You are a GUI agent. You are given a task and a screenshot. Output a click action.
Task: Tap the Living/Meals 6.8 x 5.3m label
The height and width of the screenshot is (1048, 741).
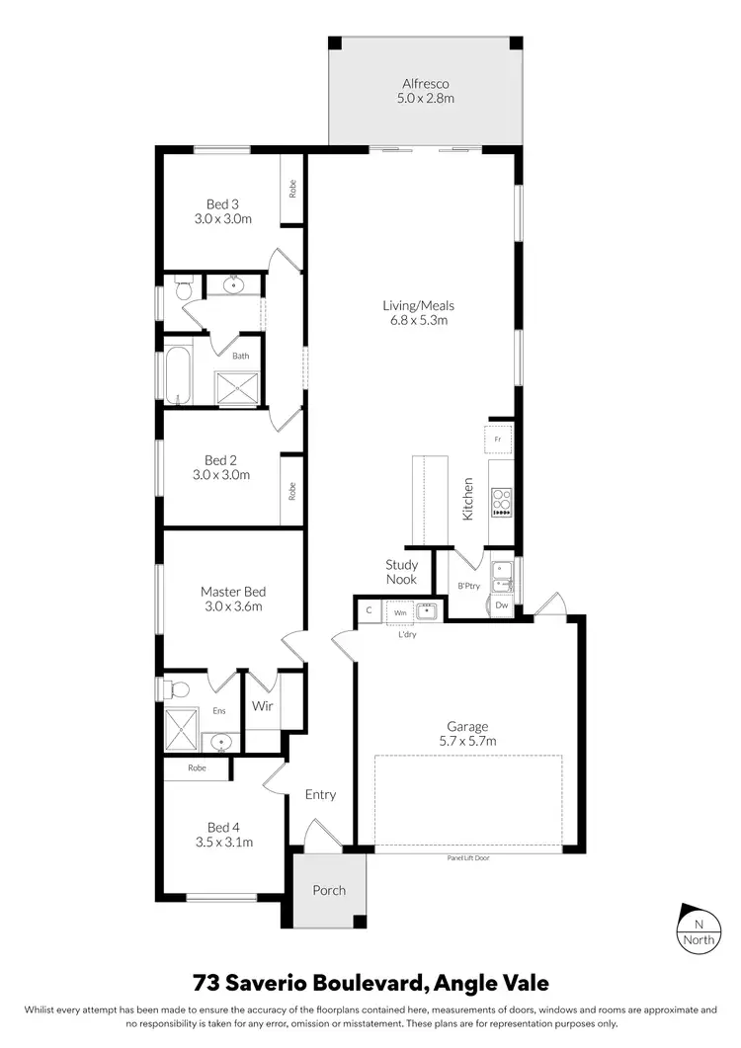(x=419, y=312)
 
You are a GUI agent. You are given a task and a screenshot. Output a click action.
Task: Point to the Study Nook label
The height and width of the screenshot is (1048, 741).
(x=401, y=572)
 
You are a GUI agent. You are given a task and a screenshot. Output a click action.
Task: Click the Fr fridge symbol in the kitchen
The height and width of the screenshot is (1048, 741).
(x=498, y=439)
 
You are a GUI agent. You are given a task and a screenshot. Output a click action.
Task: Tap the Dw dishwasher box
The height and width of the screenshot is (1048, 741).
(x=502, y=605)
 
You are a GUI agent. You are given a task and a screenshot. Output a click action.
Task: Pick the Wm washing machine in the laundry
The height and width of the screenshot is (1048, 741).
(x=400, y=612)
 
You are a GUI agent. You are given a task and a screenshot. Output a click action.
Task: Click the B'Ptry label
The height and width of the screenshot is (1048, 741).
(x=468, y=586)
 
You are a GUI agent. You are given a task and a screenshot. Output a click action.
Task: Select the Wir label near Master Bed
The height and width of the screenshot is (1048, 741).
(x=262, y=706)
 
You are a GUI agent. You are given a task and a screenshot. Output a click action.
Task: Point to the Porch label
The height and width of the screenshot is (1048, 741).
(x=329, y=890)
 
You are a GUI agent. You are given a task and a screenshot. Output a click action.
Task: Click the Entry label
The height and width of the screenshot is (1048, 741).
(x=320, y=794)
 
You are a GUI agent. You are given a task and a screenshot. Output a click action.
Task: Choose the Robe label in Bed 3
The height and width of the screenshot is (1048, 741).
(x=292, y=188)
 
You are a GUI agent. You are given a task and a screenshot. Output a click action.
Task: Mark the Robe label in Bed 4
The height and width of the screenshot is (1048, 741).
(x=198, y=766)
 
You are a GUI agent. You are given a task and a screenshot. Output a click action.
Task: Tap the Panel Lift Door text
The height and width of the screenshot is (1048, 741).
(x=468, y=857)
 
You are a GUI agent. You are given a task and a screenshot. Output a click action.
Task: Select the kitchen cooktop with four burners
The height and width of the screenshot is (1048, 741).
(x=501, y=504)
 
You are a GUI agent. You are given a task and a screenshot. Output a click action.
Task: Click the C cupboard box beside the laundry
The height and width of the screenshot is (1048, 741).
(x=369, y=611)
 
